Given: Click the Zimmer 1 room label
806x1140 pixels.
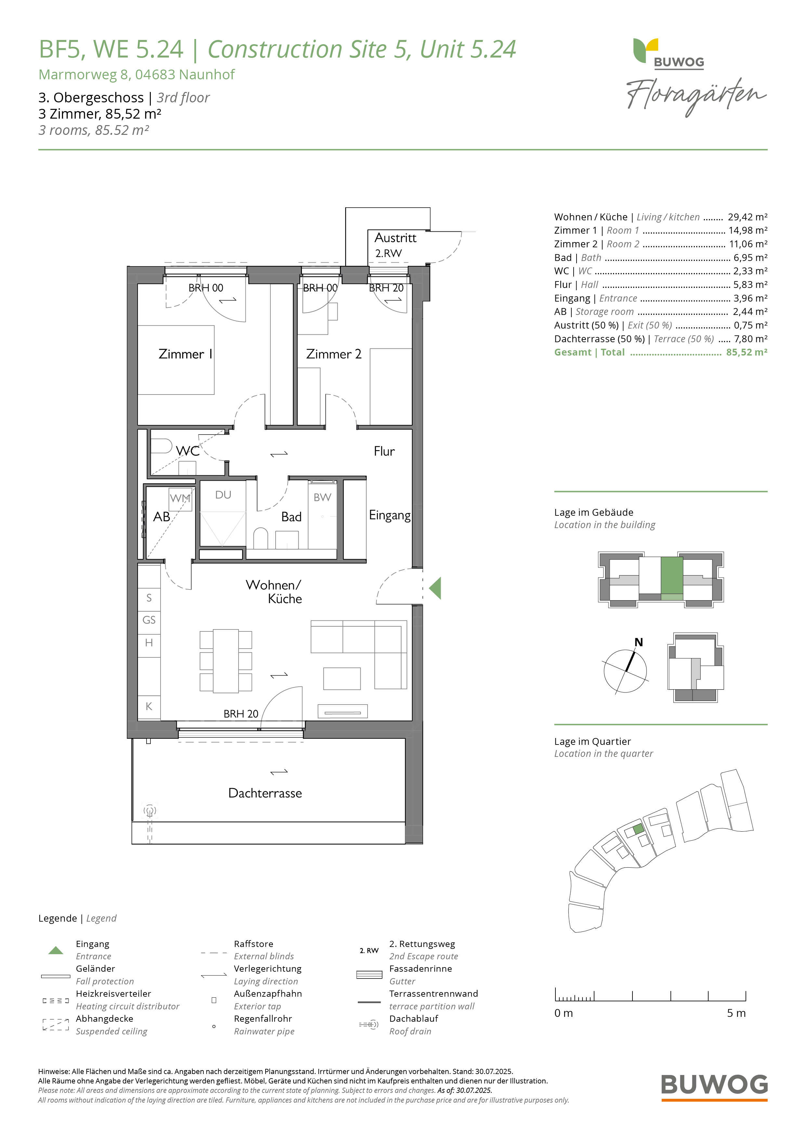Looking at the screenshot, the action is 185,354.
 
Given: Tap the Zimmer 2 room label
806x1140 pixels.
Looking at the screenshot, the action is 334,354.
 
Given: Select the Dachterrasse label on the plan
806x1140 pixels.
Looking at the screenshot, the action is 265,793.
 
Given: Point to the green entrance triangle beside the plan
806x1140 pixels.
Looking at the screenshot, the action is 435,589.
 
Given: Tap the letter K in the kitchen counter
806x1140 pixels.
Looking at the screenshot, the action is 149,706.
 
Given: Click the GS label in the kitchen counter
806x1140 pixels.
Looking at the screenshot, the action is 149,620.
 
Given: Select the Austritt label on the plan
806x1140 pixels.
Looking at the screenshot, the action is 395,238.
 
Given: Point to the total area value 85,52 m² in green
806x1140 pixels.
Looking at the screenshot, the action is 747,352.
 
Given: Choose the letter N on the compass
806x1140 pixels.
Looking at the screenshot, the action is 639,642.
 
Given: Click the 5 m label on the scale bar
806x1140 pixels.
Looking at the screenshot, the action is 736,1013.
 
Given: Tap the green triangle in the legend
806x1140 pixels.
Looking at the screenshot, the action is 56,950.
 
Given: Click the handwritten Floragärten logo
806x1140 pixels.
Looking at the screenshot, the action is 696,96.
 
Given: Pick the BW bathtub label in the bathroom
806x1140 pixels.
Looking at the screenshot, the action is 322,497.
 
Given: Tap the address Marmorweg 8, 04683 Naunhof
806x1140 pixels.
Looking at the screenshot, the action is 136,74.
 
